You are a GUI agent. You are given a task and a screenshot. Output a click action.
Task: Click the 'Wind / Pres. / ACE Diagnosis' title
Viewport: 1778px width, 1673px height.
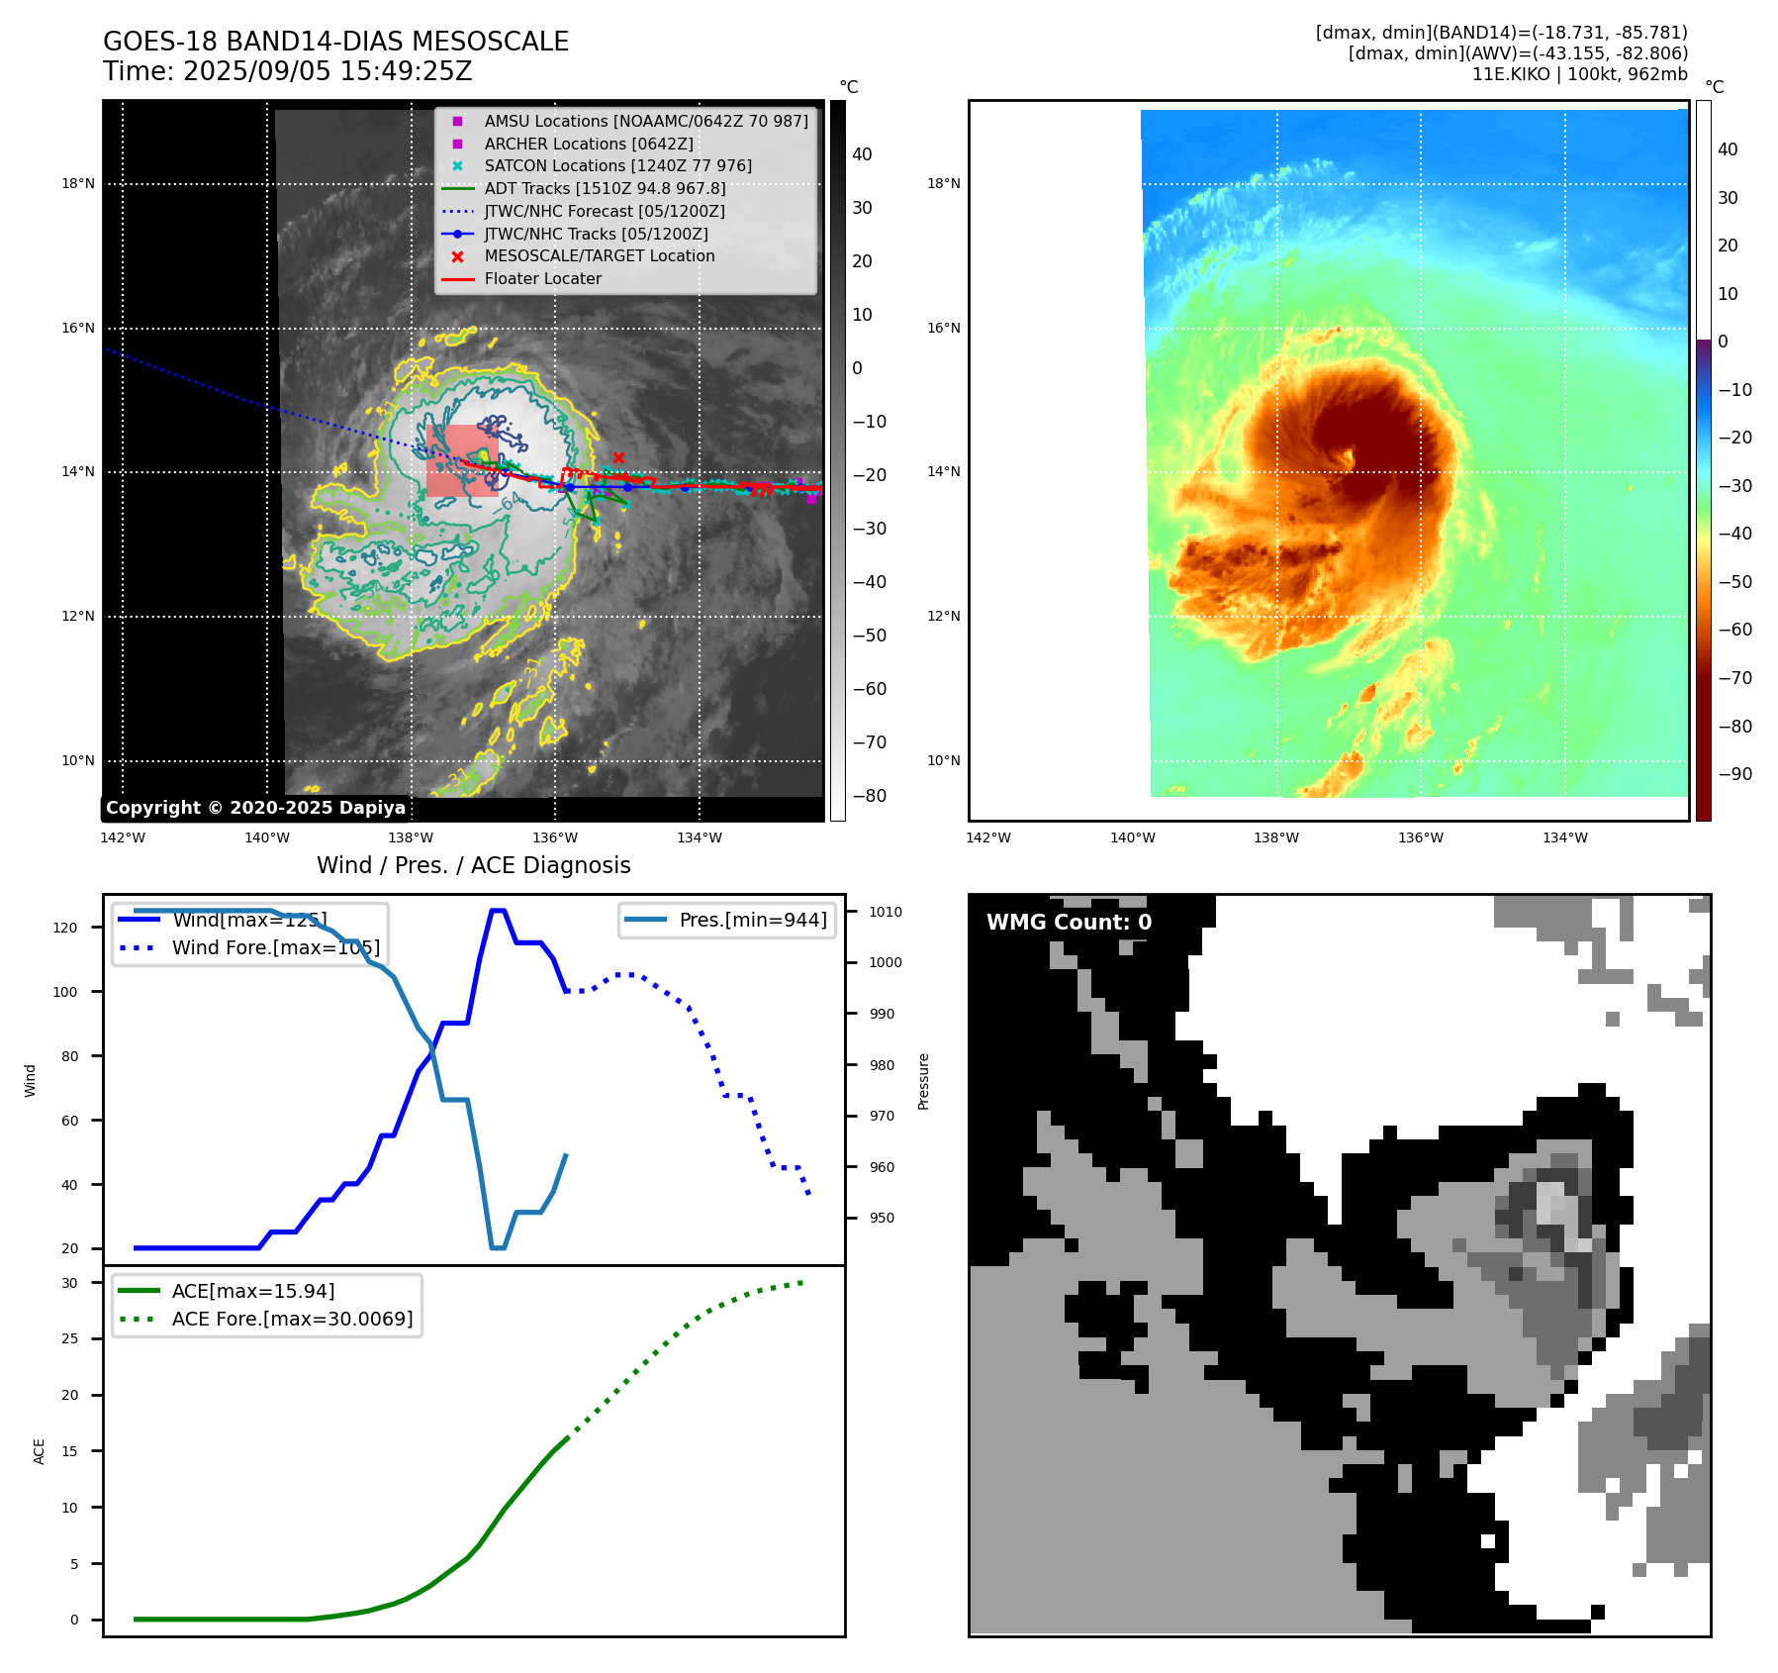[473, 865]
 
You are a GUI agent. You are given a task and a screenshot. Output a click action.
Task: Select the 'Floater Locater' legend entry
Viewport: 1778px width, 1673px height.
[542, 279]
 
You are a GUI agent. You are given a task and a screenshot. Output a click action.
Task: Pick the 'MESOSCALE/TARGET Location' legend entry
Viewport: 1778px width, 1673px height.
[599, 256]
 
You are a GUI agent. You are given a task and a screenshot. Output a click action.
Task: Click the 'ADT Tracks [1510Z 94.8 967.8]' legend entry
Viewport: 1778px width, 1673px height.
[605, 188]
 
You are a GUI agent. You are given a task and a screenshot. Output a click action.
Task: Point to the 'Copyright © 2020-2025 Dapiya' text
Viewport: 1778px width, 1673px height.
[255, 808]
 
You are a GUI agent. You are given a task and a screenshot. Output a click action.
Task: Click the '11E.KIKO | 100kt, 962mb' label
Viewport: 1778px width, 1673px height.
[1579, 74]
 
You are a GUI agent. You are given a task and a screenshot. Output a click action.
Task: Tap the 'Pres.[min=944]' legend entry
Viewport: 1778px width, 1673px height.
[753, 920]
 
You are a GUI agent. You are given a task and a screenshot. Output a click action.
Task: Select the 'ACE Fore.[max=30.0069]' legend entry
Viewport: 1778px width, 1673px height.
[292, 1319]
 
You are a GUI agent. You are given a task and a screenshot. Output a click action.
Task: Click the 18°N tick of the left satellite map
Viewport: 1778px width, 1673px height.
[78, 183]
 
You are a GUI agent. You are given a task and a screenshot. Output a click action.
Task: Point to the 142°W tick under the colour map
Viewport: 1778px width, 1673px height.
[987, 837]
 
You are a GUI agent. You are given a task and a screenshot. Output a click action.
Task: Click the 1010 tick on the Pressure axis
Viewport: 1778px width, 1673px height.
[886, 912]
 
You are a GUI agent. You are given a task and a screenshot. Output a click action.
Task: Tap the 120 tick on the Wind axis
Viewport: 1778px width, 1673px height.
[64, 928]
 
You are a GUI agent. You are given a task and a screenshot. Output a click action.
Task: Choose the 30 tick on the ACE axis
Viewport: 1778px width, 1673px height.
[69, 1283]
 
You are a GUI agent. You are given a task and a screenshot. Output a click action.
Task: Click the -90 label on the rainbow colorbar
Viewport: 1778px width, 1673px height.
[1734, 774]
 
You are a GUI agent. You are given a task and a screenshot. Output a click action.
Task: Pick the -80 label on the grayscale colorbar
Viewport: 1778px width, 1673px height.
[870, 796]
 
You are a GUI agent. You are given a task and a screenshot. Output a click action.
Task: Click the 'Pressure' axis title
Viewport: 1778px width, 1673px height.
[923, 1081]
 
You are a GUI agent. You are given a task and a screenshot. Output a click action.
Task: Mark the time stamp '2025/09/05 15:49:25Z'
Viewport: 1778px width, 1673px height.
[328, 72]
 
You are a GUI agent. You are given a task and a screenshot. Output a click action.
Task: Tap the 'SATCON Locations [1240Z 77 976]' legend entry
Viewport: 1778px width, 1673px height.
[617, 165]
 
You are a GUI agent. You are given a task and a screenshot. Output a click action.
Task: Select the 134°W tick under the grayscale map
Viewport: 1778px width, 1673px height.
[699, 837]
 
